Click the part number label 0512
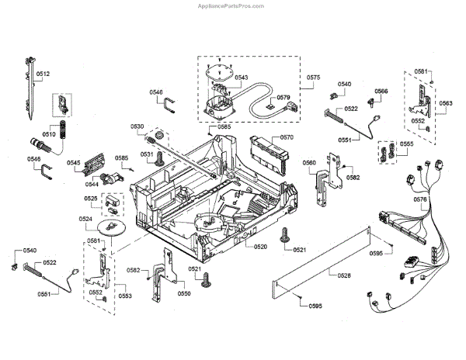tap(43, 74)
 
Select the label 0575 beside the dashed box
tap(314, 78)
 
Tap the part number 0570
tap(287, 137)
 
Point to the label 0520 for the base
tap(260, 247)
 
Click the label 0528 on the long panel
tap(344, 275)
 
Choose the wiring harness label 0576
tap(420, 199)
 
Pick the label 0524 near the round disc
tap(85, 219)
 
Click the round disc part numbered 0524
tap(111, 228)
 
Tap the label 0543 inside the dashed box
tap(242, 78)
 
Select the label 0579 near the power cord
tap(283, 98)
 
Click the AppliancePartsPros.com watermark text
tap(231, 6)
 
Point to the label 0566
tap(381, 91)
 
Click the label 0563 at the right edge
tap(446, 103)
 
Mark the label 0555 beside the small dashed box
tap(406, 144)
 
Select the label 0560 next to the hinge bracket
tap(309, 163)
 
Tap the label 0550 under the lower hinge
tap(184, 293)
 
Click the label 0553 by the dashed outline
tap(125, 296)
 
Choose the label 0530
tap(137, 126)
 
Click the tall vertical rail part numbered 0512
tap(30, 88)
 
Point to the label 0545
tap(74, 163)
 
